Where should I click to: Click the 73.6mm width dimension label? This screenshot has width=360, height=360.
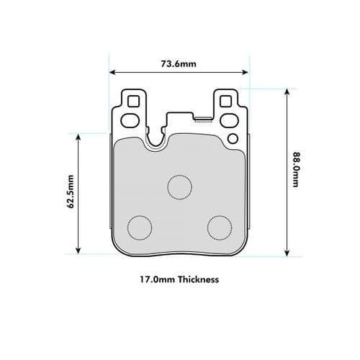pyautogui.click(x=179, y=64)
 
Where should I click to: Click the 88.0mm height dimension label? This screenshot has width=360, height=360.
pyautogui.click(x=295, y=170)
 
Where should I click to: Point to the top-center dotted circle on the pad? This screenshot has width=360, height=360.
pyautogui.click(x=179, y=186)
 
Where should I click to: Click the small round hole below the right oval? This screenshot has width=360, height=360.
pyautogui.click(x=232, y=138)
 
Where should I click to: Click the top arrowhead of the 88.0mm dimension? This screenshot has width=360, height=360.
pyautogui.click(x=287, y=91)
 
